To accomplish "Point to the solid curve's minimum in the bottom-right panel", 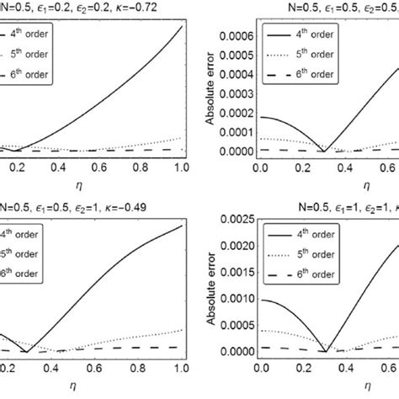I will pos(325,351).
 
